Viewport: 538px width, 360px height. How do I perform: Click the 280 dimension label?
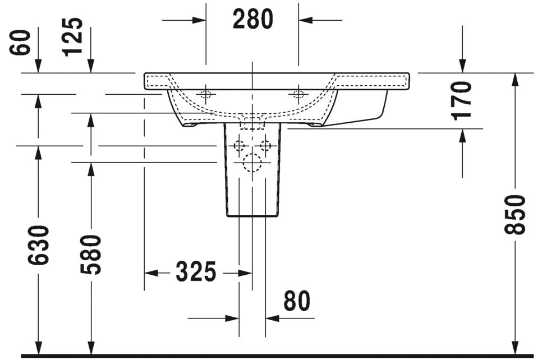pos(253,19)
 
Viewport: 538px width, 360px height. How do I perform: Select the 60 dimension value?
pos(20,42)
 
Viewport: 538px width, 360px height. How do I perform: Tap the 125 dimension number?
pos(73,36)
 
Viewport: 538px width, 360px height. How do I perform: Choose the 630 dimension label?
pos(38,245)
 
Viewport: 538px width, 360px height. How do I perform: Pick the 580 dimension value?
pos(91,255)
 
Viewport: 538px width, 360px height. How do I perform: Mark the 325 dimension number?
pos(196,271)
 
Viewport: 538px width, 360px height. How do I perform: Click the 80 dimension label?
pos(297,301)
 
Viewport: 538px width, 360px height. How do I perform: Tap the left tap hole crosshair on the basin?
pos(206,94)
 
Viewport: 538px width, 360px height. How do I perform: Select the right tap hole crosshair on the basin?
pos(298,94)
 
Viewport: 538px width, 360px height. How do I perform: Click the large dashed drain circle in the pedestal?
pos(252,162)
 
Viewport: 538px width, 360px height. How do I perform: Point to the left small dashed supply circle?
pos(239,146)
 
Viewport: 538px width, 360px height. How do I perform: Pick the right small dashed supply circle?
pos(265,146)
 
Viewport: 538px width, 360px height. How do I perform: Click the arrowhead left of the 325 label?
pos(151,273)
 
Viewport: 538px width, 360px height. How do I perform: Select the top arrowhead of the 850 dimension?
pos(514,80)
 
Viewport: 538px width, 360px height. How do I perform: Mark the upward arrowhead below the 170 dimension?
pos(462,136)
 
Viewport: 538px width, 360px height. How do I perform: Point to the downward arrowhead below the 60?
pos(38,66)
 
